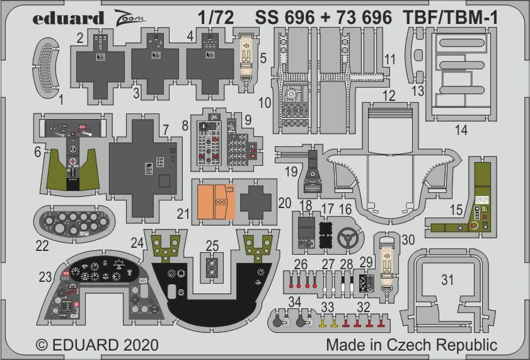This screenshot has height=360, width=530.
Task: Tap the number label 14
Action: click(x=461, y=132)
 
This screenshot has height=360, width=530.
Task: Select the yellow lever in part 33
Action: click(x=323, y=322)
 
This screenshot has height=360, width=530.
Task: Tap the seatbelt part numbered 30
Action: click(x=389, y=264)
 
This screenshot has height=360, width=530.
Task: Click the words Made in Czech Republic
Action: click(x=412, y=345)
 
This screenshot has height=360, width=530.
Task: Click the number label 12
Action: click(x=388, y=96)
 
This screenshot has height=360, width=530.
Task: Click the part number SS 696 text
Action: click(x=285, y=18)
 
